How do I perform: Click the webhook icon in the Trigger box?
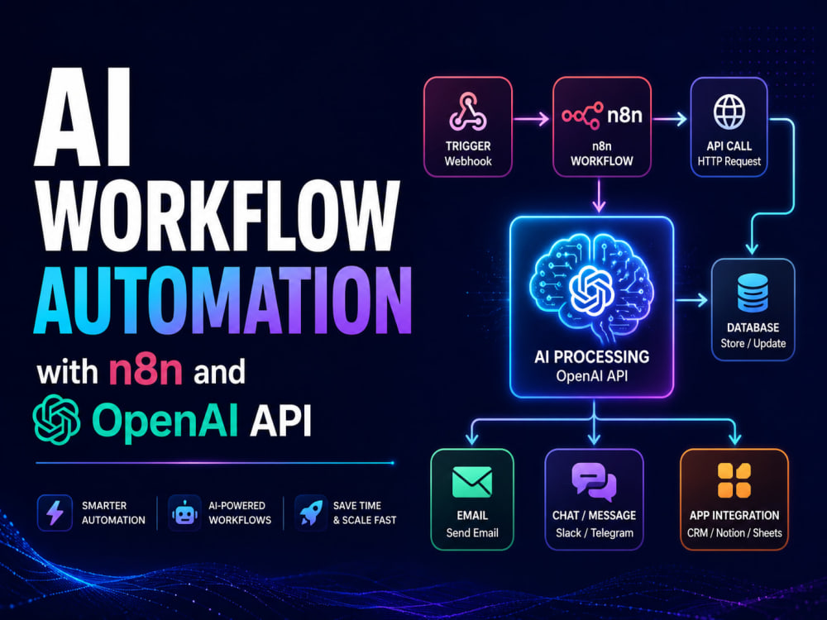[x=468, y=112]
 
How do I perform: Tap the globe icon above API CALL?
[x=729, y=112]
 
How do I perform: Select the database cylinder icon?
[x=753, y=293]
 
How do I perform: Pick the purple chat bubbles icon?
[x=594, y=482]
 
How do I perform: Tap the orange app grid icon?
[x=734, y=481]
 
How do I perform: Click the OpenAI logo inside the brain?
[x=592, y=289]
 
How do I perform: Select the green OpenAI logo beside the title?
[x=56, y=420]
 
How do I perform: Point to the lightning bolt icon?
[x=55, y=513]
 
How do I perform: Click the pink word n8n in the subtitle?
[x=146, y=371]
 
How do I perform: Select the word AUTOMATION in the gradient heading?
[x=222, y=301]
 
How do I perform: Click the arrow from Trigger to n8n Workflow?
[x=532, y=119]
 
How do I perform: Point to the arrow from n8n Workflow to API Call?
[x=670, y=119]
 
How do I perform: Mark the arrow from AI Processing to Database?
[x=691, y=301]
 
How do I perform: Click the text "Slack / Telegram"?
[x=595, y=533]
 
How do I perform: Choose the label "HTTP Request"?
[x=729, y=161]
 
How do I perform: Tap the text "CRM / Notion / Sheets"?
[x=734, y=533]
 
